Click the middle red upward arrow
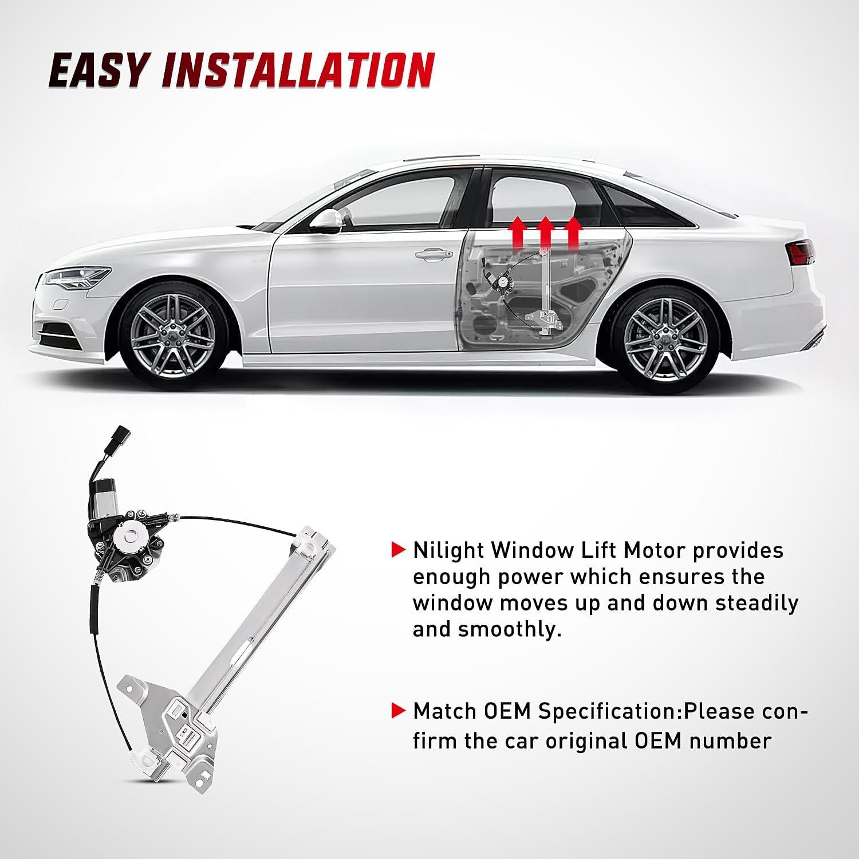click(x=546, y=232)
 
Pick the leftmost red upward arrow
click(x=518, y=232)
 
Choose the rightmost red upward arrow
click(x=573, y=232)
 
